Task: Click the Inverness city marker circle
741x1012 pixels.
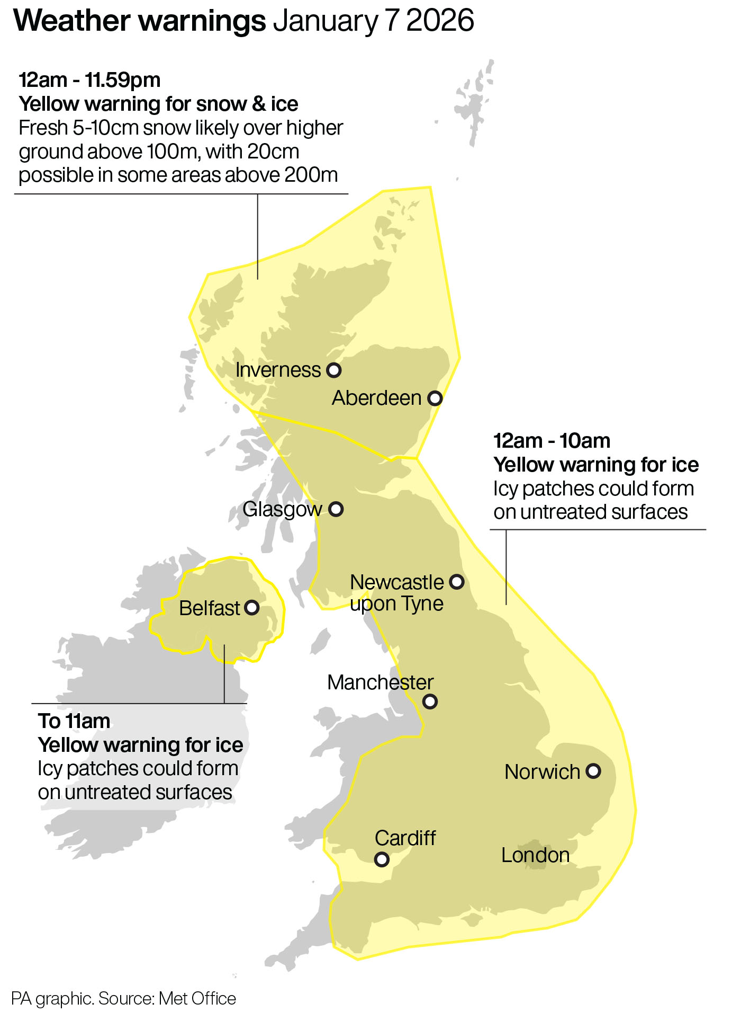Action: coord(333,370)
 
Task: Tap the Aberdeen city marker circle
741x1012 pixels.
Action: coord(435,398)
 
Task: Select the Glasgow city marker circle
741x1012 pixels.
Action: coord(336,509)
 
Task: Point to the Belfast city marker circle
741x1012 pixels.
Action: coord(252,607)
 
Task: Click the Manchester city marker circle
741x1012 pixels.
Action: coord(430,702)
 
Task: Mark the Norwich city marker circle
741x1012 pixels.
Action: coord(593,771)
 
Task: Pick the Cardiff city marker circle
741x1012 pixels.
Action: coord(382,859)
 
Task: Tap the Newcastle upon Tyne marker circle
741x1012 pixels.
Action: coord(457,582)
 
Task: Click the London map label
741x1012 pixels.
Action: coord(535,855)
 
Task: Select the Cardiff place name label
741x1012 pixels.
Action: coord(405,838)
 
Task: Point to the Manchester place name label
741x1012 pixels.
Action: coord(380,682)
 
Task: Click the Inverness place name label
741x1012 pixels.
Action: coord(278,370)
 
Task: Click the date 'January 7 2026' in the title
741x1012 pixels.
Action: coord(373,21)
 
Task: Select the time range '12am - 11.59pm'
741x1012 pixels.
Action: coord(89,80)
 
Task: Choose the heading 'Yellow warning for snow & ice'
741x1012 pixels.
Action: coord(158,104)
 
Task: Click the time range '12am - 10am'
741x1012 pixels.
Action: coord(552,441)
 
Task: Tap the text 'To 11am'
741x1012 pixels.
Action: coord(74,721)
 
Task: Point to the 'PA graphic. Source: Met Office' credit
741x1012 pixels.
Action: coord(123,998)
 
